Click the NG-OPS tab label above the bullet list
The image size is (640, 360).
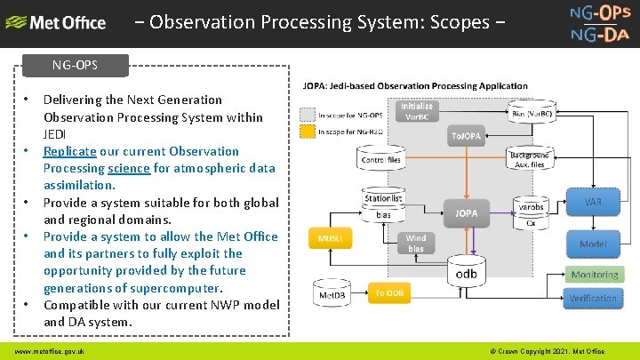coord(76,66)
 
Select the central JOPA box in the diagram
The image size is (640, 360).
coord(467,213)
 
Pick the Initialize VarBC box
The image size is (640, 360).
coord(418,111)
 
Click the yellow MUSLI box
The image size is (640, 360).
coord(330,239)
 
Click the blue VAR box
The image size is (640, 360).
coord(593,202)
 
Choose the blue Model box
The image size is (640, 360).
coord(593,244)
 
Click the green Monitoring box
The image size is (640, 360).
coord(594,276)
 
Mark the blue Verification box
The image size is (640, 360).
coord(593,299)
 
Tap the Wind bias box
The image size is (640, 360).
coord(415,244)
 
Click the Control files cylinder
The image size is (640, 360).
coord(381,160)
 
